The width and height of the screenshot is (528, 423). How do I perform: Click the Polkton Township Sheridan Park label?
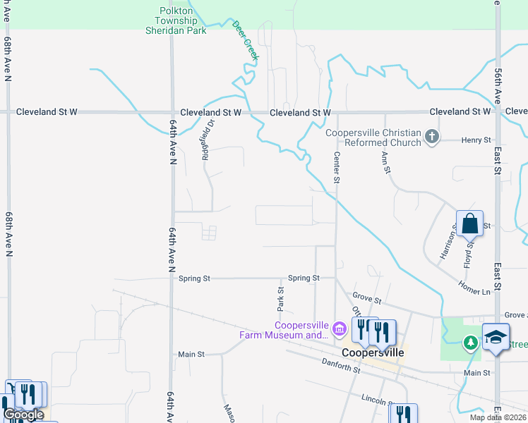[176, 20]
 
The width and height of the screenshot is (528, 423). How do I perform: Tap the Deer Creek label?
[245, 38]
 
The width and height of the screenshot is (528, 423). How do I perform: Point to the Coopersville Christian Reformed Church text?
[373, 137]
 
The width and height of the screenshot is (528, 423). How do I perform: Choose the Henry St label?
[476, 140]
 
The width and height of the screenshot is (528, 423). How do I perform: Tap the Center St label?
[337, 168]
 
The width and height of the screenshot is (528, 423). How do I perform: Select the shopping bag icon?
[469, 225]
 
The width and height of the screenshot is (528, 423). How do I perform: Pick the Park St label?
[280, 300]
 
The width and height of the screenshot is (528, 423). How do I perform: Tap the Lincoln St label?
[376, 400]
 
